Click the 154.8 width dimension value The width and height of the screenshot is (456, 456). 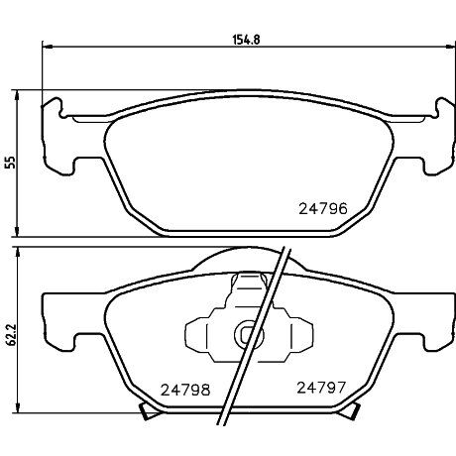pyautogui.click(x=245, y=39)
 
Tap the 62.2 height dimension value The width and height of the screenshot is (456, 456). pyautogui.click(x=11, y=336)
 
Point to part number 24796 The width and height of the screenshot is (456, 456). pyautogui.click(x=322, y=209)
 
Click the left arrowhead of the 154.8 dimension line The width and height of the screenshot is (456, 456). pyautogui.click(x=45, y=48)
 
